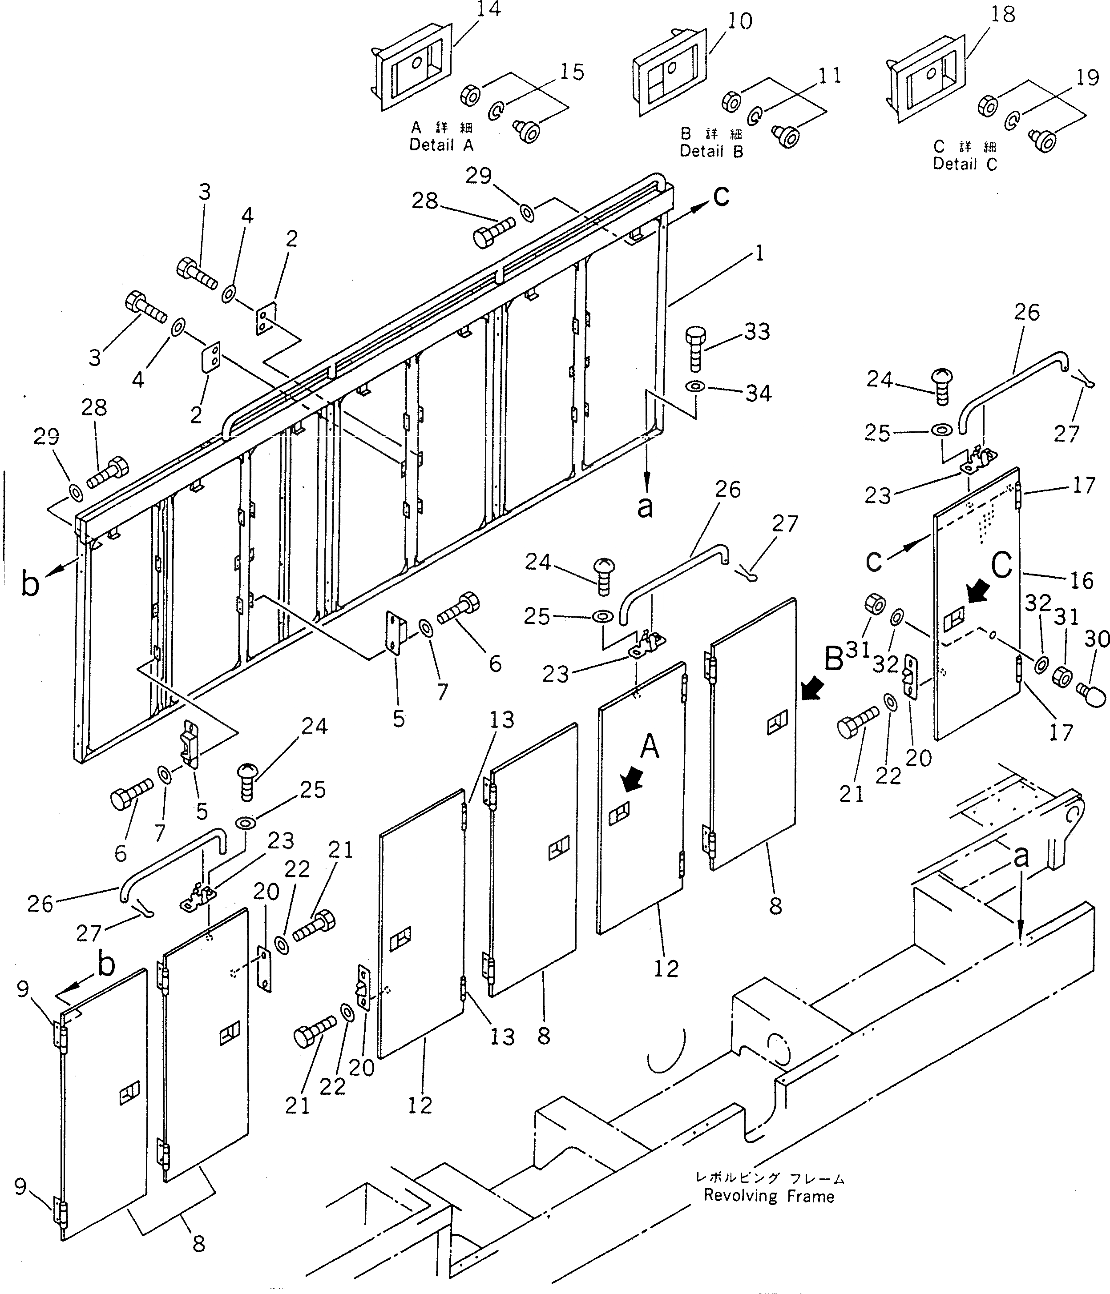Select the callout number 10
[739, 22]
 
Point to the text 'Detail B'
[711, 151]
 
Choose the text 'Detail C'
[965, 164]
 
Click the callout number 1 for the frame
[759, 254]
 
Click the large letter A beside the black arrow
[650, 746]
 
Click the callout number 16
[1081, 580]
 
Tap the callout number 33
[756, 332]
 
